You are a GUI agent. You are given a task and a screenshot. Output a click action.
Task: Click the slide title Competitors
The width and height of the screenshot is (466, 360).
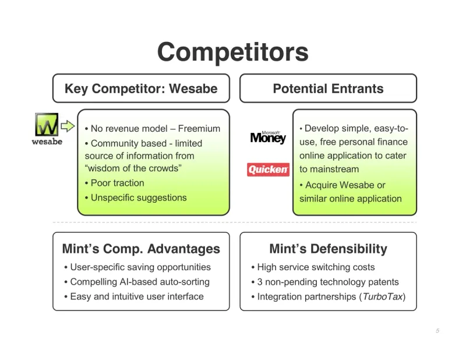click(232, 52)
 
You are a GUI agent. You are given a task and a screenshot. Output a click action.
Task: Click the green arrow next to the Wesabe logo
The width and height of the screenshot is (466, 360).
click(68, 125)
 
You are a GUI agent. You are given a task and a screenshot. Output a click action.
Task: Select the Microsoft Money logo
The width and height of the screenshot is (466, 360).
click(268, 137)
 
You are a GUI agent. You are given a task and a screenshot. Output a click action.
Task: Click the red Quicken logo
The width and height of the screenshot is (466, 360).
click(268, 170)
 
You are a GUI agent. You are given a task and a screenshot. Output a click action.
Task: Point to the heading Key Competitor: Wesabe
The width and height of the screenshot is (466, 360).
click(140, 89)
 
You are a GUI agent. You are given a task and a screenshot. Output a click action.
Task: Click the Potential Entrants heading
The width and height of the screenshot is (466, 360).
click(328, 89)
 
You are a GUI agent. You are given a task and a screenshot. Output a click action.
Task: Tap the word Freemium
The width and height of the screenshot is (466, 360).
click(199, 128)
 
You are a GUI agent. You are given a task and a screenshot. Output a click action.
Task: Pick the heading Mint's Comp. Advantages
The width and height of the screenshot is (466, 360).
click(141, 249)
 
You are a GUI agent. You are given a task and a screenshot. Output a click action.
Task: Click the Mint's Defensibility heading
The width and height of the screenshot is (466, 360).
click(328, 249)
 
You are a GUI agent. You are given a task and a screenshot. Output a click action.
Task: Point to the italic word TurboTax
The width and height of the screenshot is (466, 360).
click(382, 297)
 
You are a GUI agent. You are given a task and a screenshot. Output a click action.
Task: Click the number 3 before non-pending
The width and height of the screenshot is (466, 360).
click(260, 282)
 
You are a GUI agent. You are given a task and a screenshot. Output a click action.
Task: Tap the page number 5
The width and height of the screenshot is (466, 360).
click(437, 331)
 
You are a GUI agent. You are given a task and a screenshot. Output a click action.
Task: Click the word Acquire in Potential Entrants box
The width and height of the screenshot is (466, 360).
click(322, 185)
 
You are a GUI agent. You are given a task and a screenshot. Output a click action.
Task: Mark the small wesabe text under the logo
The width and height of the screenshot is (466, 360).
click(47, 142)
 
